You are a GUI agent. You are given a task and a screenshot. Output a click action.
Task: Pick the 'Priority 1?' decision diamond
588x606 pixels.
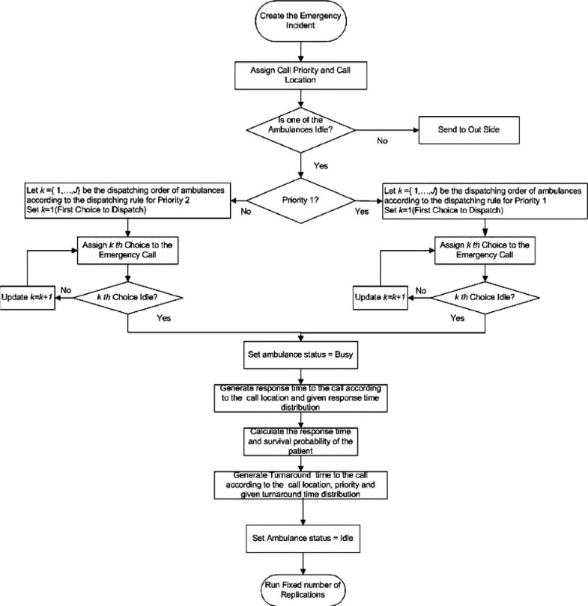coord(300,201)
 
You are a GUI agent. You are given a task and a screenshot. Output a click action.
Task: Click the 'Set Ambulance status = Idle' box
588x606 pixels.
coord(301,535)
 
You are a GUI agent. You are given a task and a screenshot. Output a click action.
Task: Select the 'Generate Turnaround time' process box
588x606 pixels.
coord(301,486)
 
